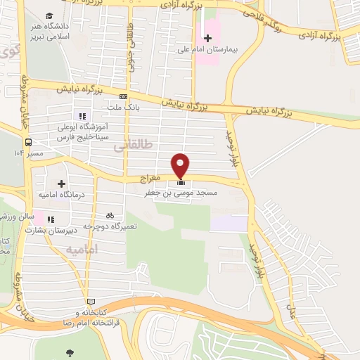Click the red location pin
click(x=181, y=165)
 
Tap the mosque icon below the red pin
click(x=181, y=183)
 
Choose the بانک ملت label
click(x=124, y=108)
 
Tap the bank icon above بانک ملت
click(x=124, y=97)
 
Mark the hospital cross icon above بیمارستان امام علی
click(x=207, y=38)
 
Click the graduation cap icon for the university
click(x=49, y=15)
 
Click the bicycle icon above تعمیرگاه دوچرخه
click(x=109, y=215)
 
